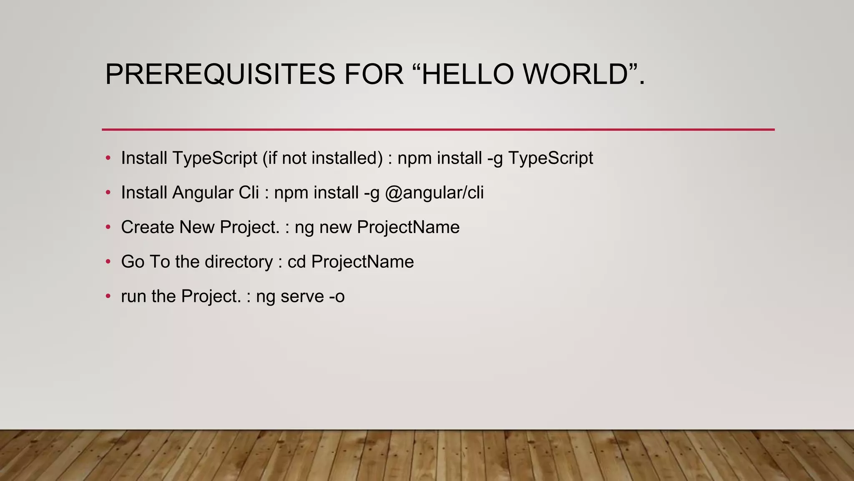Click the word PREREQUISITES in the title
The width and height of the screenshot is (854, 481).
(220, 74)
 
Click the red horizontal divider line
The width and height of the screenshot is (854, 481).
(438, 129)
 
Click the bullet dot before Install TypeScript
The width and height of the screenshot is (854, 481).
(108, 158)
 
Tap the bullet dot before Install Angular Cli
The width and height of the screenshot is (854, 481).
(108, 193)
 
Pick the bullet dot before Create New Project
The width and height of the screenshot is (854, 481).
(108, 228)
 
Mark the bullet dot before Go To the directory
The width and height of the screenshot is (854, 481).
(108, 262)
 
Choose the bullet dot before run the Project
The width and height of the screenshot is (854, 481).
(108, 297)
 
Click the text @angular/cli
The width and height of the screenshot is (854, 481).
(434, 193)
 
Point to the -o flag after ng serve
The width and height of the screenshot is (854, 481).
(337, 297)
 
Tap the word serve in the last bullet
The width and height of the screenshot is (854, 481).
(302, 297)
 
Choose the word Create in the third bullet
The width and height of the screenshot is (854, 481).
(147, 228)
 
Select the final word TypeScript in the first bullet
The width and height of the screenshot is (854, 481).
(550, 158)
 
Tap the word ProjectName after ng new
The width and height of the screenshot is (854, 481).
(408, 228)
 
